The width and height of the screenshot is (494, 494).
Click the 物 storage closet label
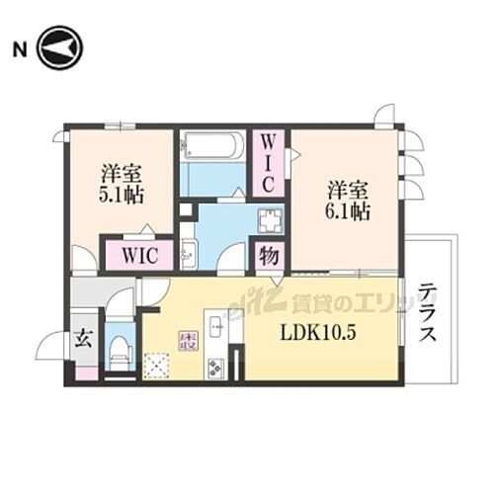[268, 254]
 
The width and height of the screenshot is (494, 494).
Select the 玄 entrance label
[85, 339]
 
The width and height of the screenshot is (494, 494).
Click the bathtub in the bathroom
[211, 147]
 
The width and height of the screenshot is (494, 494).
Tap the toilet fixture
[120, 349]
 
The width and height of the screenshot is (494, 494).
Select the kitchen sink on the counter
[216, 324]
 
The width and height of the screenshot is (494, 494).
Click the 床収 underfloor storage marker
[187, 341]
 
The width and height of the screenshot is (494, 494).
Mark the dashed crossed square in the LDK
[156, 367]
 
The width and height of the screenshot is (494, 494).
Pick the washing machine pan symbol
[268, 218]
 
